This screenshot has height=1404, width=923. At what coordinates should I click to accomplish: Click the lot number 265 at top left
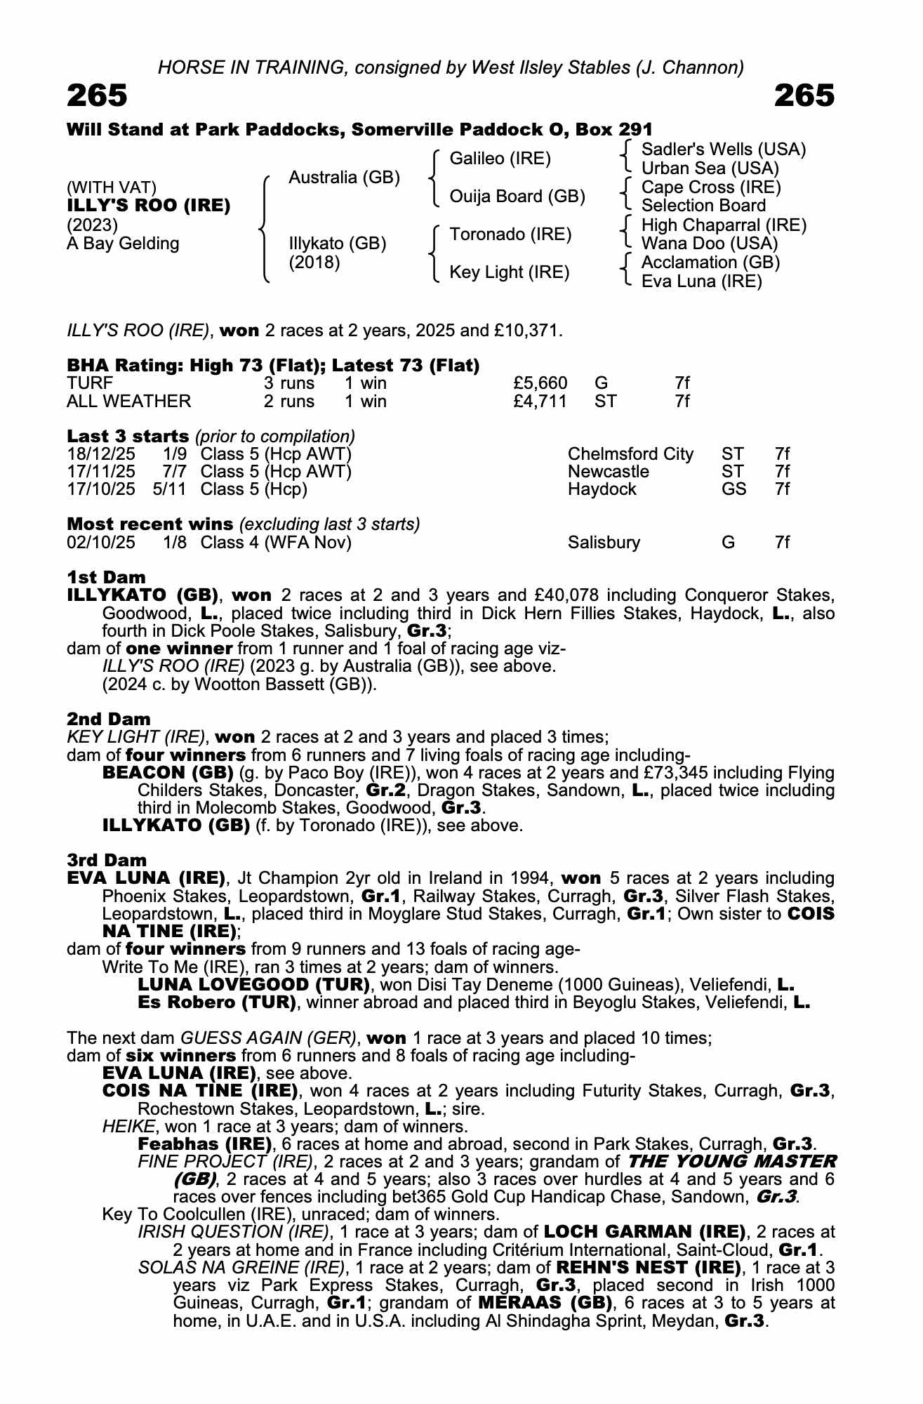pyautogui.click(x=97, y=95)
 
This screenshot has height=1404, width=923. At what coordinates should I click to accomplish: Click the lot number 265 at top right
pyautogui.click(x=804, y=95)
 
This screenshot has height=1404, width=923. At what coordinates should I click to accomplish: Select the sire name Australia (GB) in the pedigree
pyautogui.click(x=344, y=178)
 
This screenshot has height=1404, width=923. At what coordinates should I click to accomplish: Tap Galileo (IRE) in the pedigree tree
pyautogui.click(x=500, y=159)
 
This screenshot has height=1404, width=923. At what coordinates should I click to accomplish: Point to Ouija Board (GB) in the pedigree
pyautogui.click(x=517, y=197)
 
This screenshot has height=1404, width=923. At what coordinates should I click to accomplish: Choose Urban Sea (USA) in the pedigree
pyautogui.click(x=710, y=168)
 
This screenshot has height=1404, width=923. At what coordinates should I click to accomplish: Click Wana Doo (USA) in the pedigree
pyautogui.click(x=709, y=244)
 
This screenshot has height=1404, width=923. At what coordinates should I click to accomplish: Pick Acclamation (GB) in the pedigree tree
pyautogui.click(x=710, y=263)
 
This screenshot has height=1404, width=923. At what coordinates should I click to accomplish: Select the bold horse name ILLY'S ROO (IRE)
pyautogui.click(x=148, y=206)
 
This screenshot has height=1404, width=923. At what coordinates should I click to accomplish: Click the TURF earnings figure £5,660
pyautogui.click(x=540, y=383)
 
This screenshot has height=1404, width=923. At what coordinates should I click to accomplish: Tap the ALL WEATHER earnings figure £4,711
pyautogui.click(x=540, y=402)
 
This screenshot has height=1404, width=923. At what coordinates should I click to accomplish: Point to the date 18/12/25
pyautogui.click(x=101, y=454)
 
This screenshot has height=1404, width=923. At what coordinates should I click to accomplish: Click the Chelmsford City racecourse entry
pyautogui.click(x=630, y=454)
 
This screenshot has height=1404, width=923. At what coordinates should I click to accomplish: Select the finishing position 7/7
pyautogui.click(x=174, y=472)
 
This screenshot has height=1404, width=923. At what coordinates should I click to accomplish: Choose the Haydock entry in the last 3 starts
pyautogui.click(x=602, y=489)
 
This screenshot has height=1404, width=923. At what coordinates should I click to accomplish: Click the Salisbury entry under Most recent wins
pyautogui.click(x=604, y=543)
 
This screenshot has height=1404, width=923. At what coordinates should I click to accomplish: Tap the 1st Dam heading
pyautogui.click(x=106, y=578)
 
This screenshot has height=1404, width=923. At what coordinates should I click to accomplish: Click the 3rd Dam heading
pyautogui.click(x=107, y=861)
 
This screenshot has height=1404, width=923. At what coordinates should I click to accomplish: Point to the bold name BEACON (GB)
pyautogui.click(x=167, y=773)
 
